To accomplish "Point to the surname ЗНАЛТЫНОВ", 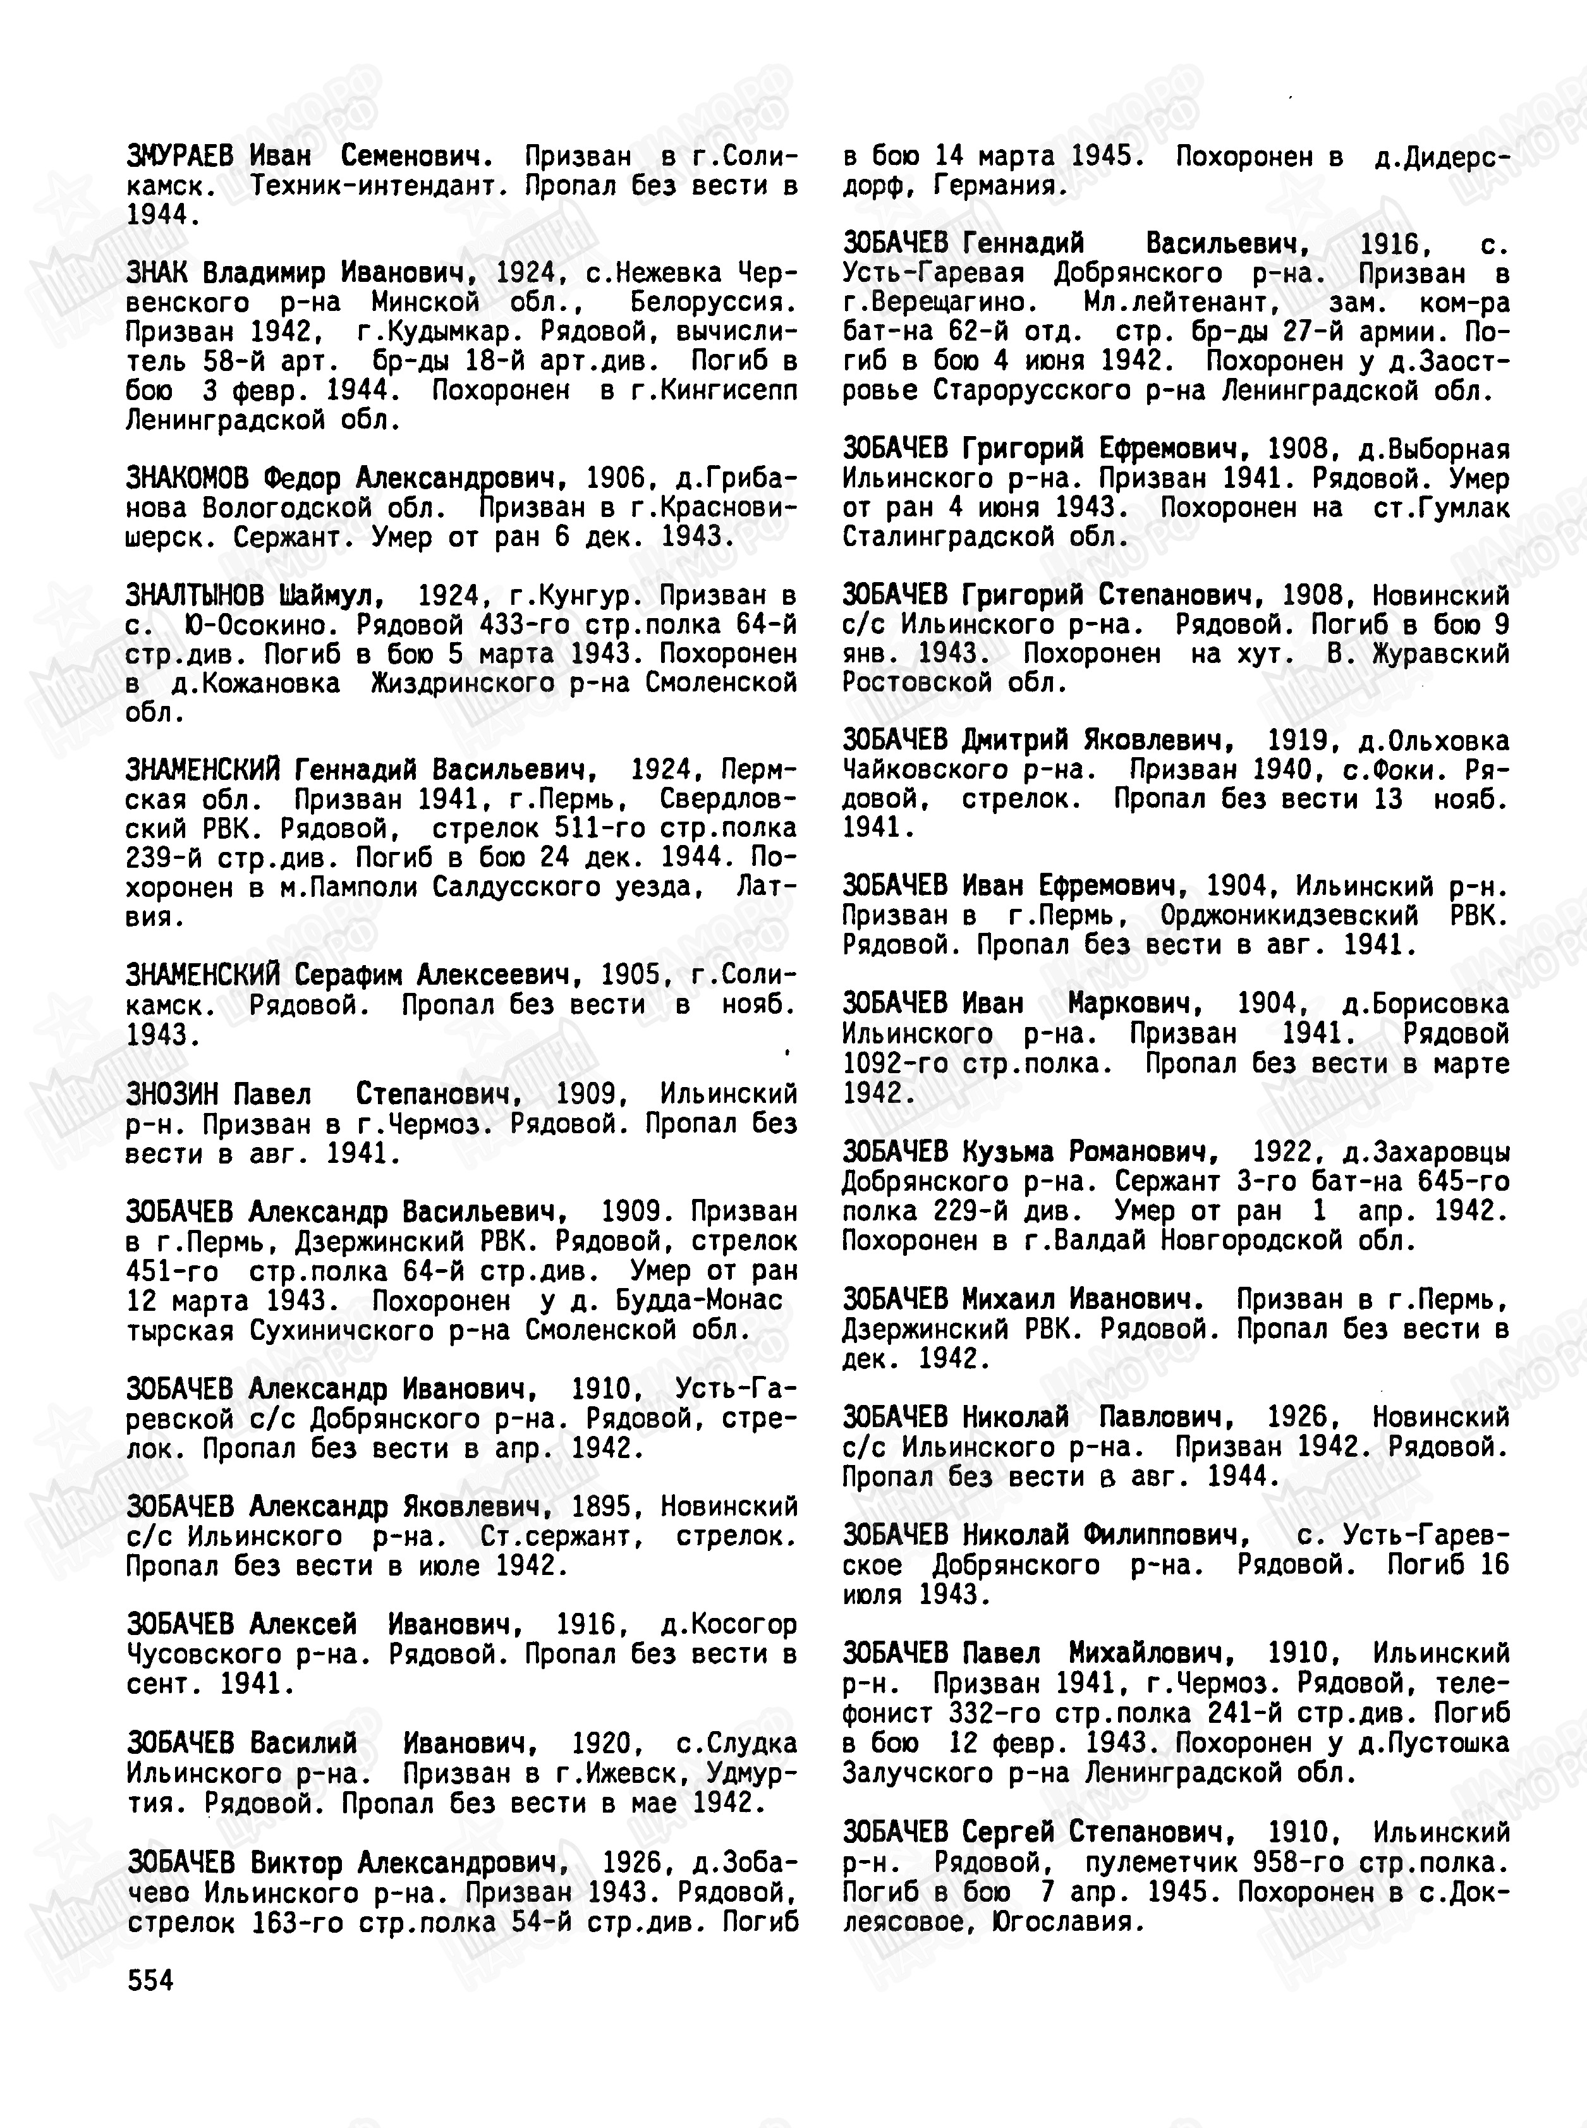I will tap(194, 595).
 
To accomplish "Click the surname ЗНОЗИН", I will tap(172, 1093).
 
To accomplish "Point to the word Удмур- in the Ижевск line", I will tap(751, 1773).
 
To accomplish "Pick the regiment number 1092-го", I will tap(887, 1064).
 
